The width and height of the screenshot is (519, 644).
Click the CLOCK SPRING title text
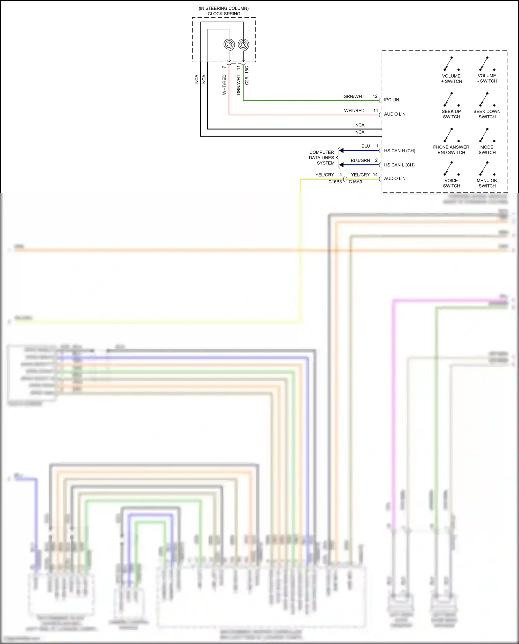pyautogui.click(x=224, y=14)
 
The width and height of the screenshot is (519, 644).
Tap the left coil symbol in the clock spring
pyautogui.click(x=229, y=44)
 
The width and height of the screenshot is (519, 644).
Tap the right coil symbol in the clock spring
pyautogui.click(x=244, y=44)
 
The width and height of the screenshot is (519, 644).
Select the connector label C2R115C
pyautogui.click(x=247, y=75)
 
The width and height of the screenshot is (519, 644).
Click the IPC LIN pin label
pyautogui.click(x=391, y=100)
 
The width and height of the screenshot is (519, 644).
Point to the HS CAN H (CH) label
pyautogui.click(x=399, y=151)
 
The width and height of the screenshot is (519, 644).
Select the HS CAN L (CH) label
pyautogui.click(x=399, y=165)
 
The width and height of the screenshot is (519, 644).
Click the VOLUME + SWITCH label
pyautogui.click(x=451, y=79)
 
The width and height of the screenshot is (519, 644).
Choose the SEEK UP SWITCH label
pyautogui.click(x=451, y=114)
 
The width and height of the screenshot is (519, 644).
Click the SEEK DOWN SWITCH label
pyautogui.click(x=487, y=114)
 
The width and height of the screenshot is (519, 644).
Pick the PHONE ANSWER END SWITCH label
pyautogui.click(x=451, y=150)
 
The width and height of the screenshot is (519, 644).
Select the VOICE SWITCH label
pyautogui.click(x=451, y=183)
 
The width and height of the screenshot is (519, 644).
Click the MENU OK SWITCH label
pyautogui.click(x=487, y=183)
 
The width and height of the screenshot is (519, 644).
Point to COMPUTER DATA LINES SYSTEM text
pyautogui.click(x=322, y=158)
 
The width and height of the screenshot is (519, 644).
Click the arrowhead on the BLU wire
pyautogui.click(x=342, y=151)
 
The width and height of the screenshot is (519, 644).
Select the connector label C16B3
pyautogui.click(x=335, y=182)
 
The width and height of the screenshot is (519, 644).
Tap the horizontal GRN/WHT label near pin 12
pyautogui.click(x=354, y=97)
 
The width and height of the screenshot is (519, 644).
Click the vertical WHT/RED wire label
pyautogui.click(x=224, y=85)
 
